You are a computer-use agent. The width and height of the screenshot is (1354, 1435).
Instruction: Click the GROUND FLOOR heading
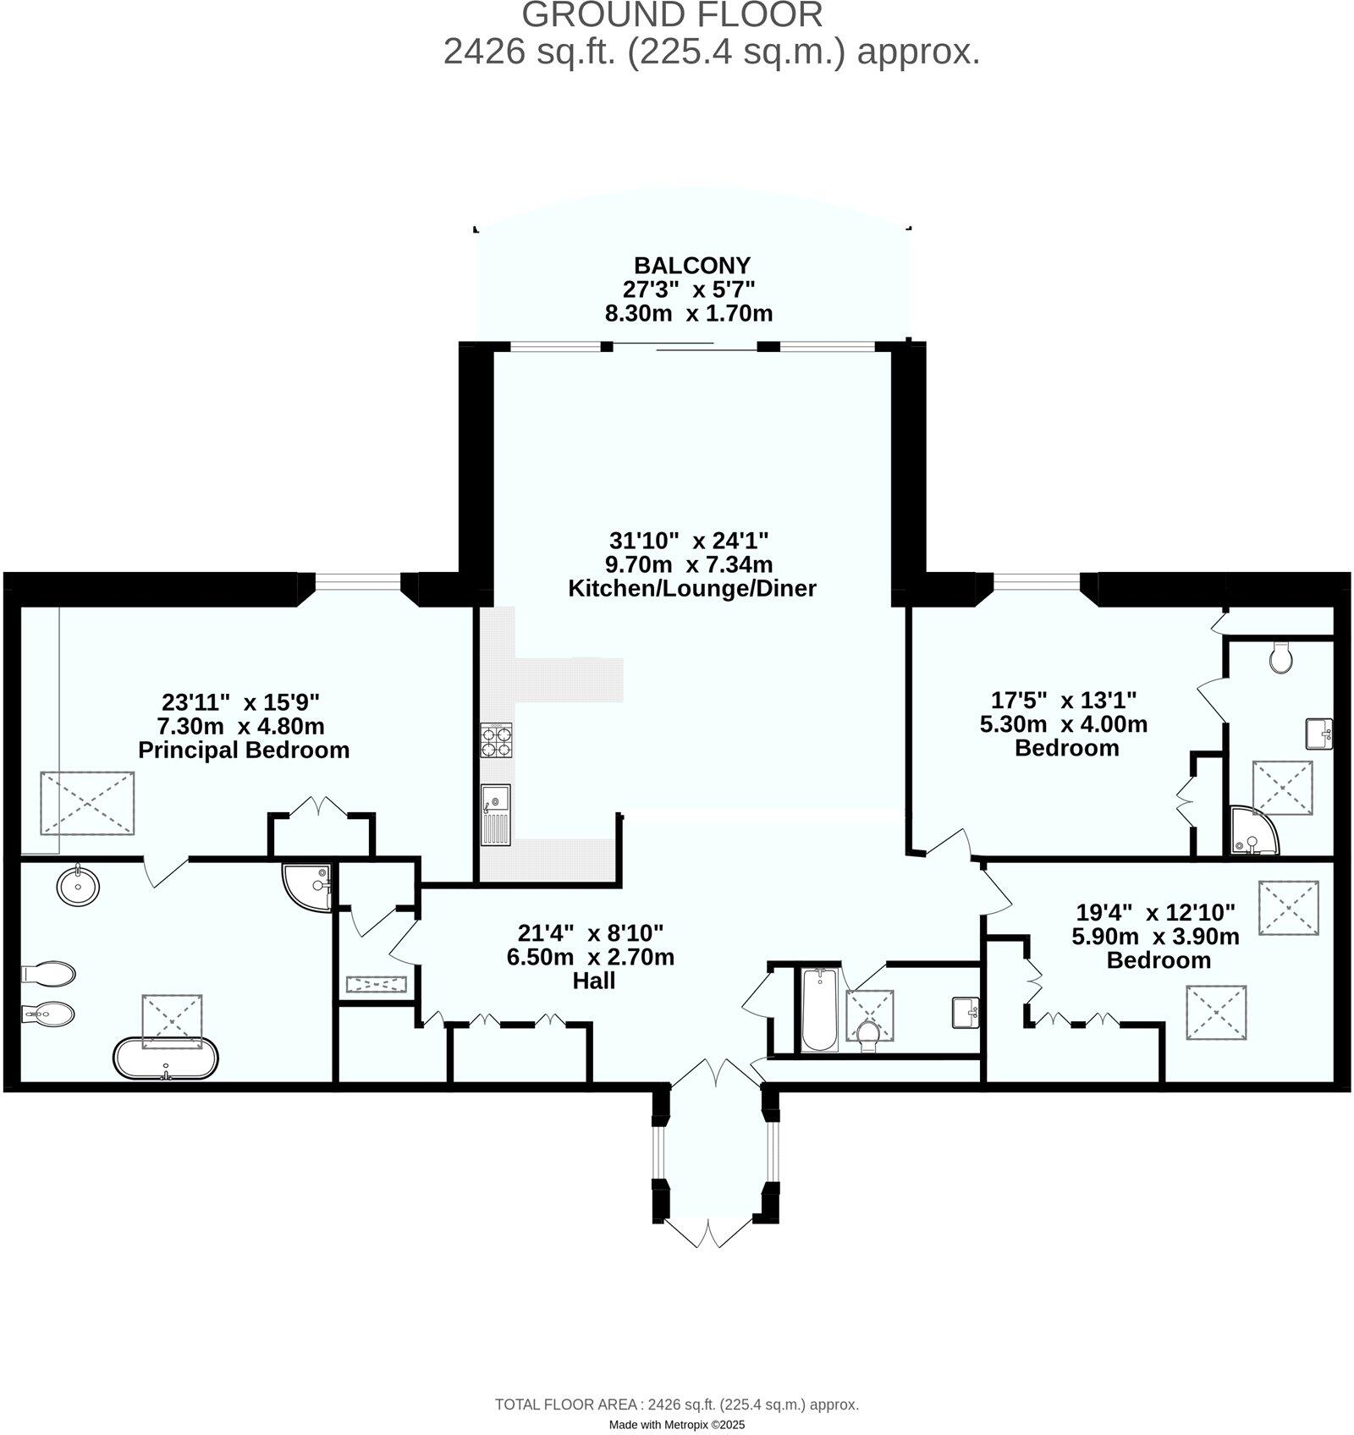671,15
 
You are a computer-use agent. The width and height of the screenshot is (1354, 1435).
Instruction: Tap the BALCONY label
692,265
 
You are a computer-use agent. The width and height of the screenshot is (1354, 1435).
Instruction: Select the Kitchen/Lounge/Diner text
691,588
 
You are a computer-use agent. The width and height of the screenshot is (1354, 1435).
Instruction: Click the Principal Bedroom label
244,750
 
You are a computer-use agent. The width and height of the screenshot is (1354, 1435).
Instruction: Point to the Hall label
594,981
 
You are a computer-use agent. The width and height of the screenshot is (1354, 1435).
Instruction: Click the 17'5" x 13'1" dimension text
1064,700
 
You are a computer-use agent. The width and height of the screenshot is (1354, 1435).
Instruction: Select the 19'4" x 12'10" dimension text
1155,912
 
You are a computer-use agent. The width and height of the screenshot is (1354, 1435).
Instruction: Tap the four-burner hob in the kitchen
498,740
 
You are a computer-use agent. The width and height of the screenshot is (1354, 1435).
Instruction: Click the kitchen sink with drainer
495,814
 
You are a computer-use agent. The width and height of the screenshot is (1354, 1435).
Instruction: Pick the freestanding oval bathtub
166,1058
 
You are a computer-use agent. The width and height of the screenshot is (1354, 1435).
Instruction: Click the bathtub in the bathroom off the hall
818,1009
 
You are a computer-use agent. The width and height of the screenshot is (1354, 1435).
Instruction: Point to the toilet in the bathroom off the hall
867,1034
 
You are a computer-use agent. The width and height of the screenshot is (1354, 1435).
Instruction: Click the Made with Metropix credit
676,1425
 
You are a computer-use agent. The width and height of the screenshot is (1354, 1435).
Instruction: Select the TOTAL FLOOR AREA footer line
676,1405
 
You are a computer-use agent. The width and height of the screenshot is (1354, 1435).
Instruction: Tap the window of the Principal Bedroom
357,580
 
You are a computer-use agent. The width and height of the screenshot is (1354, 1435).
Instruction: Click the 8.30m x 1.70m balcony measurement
687,314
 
